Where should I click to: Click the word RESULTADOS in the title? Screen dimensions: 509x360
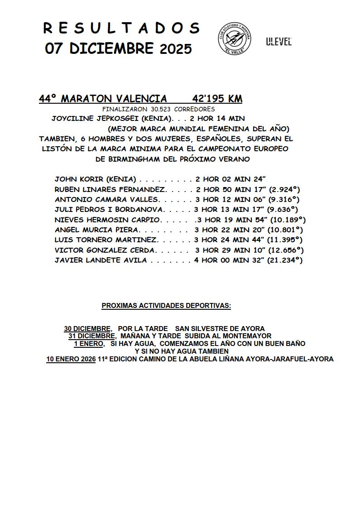pos(121,29)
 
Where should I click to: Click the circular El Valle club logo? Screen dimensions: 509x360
pos(234,37)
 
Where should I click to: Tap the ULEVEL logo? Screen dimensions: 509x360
pos(278,42)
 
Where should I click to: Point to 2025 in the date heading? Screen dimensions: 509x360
pos(176,49)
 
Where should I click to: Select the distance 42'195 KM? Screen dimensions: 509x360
pos(217,99)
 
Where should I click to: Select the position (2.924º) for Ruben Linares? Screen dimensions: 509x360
pos(284,189)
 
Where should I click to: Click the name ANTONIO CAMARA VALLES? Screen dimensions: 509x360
pos(106,199)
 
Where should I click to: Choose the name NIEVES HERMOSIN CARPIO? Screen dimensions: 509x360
pos(107,220)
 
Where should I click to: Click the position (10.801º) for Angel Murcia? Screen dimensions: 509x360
pos(286,230)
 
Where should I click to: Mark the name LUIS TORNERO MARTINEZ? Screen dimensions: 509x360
pos(106,240)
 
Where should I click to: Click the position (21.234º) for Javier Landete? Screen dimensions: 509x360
pos(286,260)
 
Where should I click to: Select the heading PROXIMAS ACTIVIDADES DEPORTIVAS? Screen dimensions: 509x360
pos(166,306)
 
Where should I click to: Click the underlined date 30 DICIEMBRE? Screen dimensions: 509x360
pos(87,328)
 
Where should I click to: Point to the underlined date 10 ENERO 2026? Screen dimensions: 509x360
pos(71,359)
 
